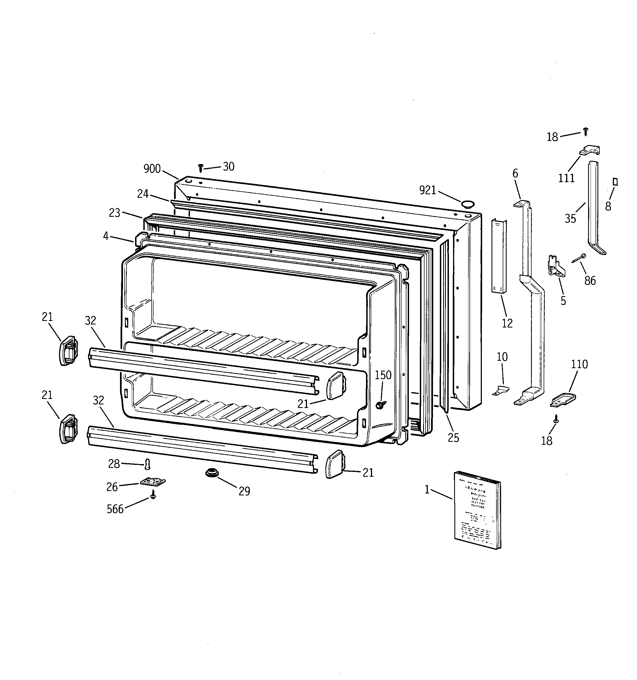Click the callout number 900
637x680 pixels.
[x=152, y=169]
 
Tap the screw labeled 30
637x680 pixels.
[x=201, y=168]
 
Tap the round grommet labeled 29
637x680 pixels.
[x=212, y=473]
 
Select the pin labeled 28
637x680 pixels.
[x=147, y=464]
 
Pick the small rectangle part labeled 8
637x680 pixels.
[x=615, y=182]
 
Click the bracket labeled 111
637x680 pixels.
[x=590, y=150]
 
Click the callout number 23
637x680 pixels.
[x=114, y=213]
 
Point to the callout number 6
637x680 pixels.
[x=515, y=173]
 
